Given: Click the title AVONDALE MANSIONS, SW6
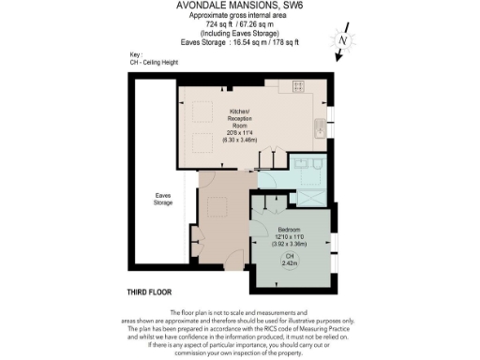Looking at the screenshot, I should pyautogui.click(x=239, y=7).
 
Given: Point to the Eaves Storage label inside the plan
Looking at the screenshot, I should pyautogui.click(x=163, y=199).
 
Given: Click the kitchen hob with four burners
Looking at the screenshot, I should pyautogui.click(x=300, y=86).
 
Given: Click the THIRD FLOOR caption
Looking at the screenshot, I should pyautogui.click(x=150, y=292).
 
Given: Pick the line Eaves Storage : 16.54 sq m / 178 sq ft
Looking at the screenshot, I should pyautogui.click(x=239, y=42).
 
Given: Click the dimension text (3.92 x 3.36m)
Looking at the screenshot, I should pyautogui.click(x=290, y=243).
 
